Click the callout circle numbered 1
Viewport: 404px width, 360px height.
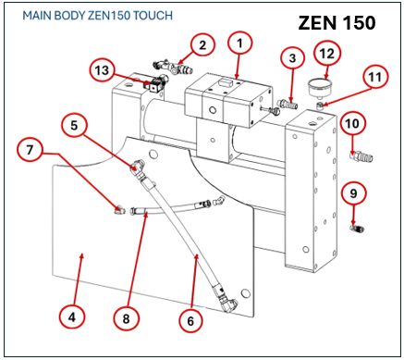[x=239, y=43]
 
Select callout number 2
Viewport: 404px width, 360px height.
[x=202, y=45]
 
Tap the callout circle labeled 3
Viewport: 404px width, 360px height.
[x=292, y=57]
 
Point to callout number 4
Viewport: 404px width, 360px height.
[x=72, y=317]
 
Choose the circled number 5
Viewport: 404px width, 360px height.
[x=74, y=126]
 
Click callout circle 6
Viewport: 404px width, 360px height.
[x=190, y=321]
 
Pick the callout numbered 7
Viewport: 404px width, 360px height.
[x=30, y=150]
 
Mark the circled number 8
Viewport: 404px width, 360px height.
[x=126, y=318]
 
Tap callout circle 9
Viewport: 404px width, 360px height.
[x=353, y=193]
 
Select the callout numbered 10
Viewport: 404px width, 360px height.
[x=352, y=124]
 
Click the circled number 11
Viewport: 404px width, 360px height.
[x=375, y=77]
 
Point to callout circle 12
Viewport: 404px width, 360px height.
[x=327, y=54]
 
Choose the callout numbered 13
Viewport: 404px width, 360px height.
[x=102, y=70]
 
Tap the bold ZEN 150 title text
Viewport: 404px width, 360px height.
[x=337, y=23]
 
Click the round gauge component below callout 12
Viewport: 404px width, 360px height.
[x=321, y=86]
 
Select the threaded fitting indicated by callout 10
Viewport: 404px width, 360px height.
[x=361, y=156]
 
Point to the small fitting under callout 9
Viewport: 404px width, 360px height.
[x=357, y=229]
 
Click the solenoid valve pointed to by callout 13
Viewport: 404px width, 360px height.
[x=157, y=83]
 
